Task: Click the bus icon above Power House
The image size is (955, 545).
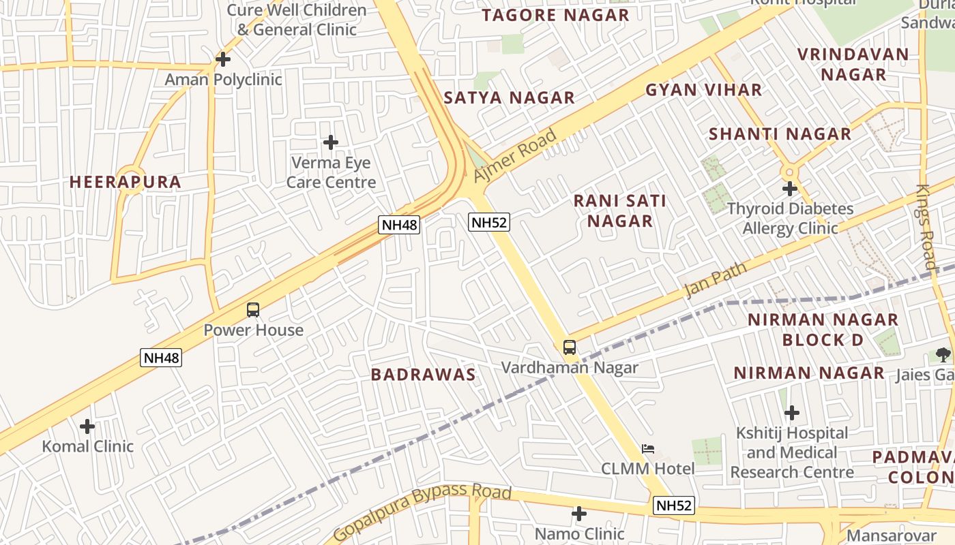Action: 253,310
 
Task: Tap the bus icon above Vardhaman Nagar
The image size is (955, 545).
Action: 570,347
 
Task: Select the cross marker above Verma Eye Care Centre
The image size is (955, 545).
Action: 331,142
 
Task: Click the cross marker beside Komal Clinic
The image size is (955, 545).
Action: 87,426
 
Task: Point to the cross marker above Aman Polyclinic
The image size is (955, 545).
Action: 223,59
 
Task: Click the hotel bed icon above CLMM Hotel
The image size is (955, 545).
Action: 648,449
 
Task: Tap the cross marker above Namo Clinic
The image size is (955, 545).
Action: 579,514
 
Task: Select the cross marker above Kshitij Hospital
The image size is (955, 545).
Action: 792,413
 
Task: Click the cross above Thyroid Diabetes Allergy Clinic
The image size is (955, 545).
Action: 790,189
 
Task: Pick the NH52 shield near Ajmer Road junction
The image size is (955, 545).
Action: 489,222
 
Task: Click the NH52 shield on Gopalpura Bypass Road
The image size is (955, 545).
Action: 674,505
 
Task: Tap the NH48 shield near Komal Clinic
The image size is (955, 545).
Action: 162,358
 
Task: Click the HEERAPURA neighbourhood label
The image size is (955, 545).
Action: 126,182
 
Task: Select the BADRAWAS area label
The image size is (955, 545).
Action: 423,375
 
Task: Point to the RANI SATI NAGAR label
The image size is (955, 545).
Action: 620,211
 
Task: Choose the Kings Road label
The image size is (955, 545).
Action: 926,226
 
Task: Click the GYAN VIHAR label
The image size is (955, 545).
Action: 703,90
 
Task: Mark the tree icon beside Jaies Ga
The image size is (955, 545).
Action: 943,354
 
